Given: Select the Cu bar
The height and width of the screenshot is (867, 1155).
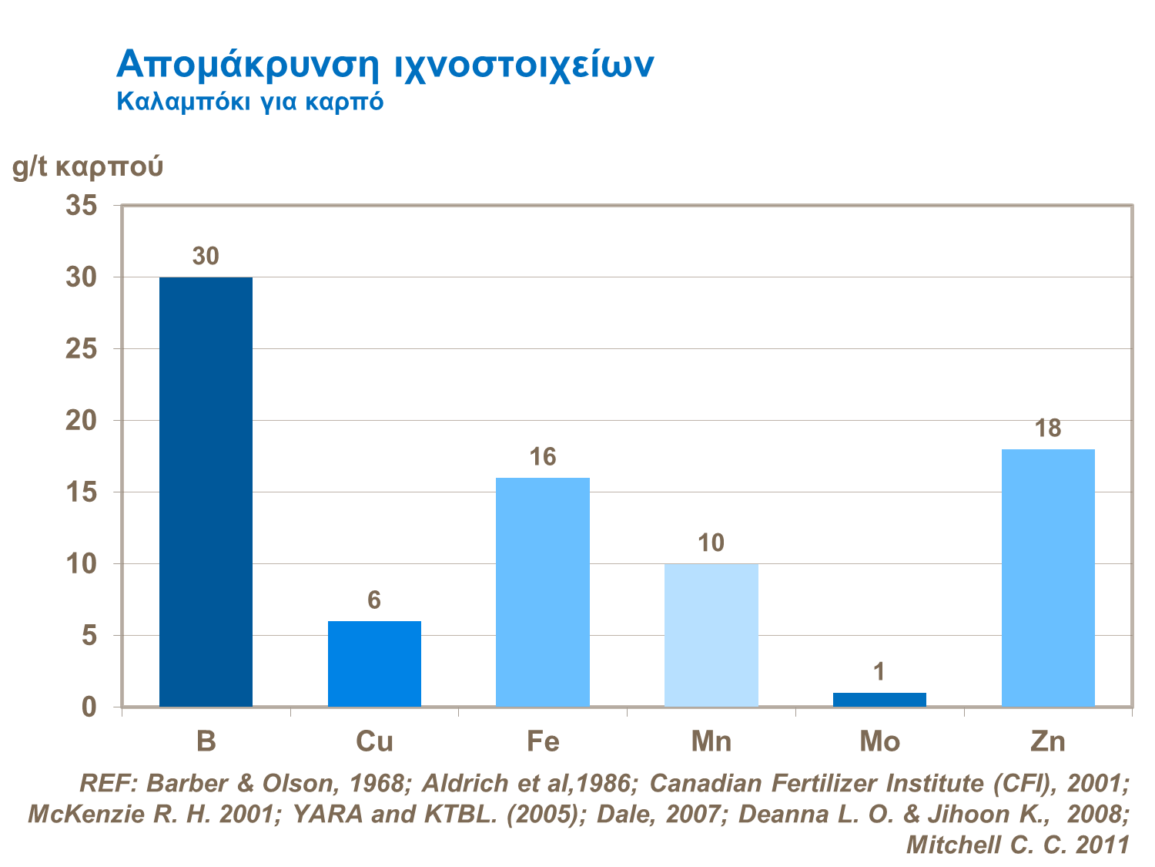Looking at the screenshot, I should coord(374,664).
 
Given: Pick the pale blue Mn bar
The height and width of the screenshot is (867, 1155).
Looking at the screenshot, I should coord(711,635).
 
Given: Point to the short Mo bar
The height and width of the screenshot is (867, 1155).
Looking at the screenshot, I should coord(879,700).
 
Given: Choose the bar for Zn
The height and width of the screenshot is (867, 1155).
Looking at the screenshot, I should coord(1048,578).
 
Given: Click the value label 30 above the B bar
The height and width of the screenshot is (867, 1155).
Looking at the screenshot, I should coord(206,257).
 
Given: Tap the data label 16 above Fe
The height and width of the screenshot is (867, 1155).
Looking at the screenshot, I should coord(543,458).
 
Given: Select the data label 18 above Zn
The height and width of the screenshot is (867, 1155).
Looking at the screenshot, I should coord(1048,428).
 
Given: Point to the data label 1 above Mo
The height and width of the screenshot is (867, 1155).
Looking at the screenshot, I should coord(879,673).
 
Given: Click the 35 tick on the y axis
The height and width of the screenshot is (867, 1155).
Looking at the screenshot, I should coord(84,206).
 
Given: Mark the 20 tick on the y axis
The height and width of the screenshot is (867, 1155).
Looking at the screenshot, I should coord(84,421).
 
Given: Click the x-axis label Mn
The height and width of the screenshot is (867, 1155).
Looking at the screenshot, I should coord(711,741).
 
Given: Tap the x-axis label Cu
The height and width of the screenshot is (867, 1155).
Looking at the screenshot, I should coord(374,741).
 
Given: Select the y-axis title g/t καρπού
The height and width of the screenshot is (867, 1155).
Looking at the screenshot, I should coord(88,166).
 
